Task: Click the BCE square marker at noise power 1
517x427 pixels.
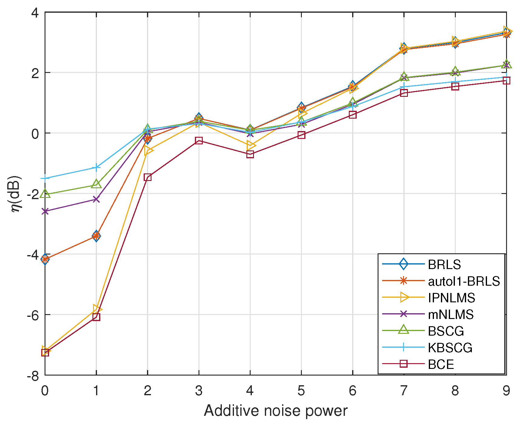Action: [96, 317]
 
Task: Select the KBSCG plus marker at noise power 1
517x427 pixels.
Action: [96, 167]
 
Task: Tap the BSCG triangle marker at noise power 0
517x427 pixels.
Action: [45, 194]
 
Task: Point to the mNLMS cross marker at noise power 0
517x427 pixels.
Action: [45, 211]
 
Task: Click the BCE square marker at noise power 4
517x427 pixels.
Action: [250, 154]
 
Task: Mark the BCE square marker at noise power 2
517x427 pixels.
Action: [148, 177]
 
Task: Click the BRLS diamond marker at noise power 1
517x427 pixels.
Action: [96, 236]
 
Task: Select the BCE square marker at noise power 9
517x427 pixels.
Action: [506, 80]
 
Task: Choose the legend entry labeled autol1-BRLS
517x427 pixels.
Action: [464, 281]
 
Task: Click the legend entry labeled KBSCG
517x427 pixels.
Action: [450, 348]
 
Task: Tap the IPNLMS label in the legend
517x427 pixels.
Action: [451, 298]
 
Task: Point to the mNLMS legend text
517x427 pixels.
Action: [451, 314]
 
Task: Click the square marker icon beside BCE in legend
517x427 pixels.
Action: [403, 364]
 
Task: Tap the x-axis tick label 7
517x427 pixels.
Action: [404, 391]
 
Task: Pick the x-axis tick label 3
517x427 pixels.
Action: [199, 391]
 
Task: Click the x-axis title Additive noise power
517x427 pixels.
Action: [275, 411]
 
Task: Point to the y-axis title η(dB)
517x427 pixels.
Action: [16, 194]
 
